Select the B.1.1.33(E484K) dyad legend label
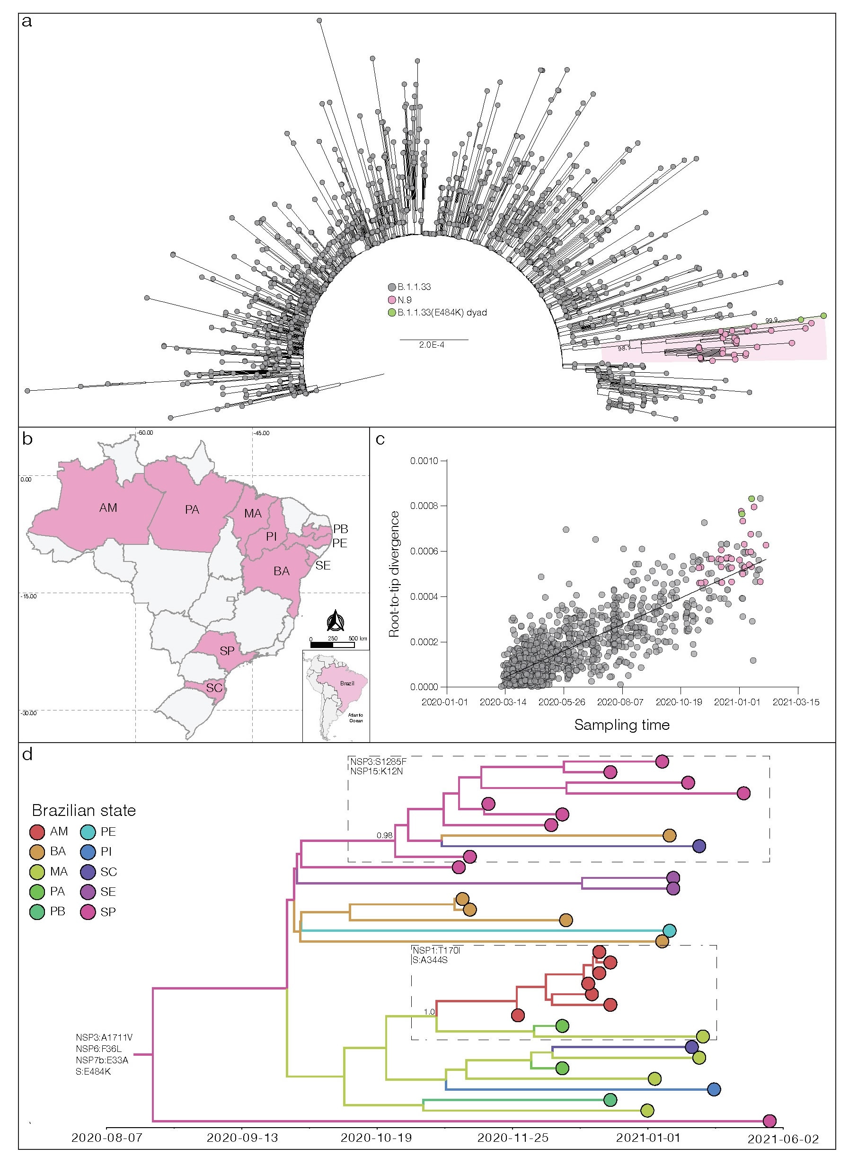click(x=442, y=312)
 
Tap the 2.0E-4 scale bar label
click(x=431, y=345)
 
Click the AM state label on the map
click(x=108, y=508)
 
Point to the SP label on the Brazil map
click(x=227, y=651)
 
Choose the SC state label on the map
click(x=214, y=687)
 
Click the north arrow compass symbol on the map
click(x=336, y=621)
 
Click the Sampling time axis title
click(x=621, y=725)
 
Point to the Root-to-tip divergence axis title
click(x=394, y=574)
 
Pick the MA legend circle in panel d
click(x=37, y=872)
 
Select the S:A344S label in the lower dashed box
click(x=430, y=960)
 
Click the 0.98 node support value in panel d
click(x=384, y=835)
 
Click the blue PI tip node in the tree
click(x=713, y=1089)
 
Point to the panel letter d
click(x=27, y=754)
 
